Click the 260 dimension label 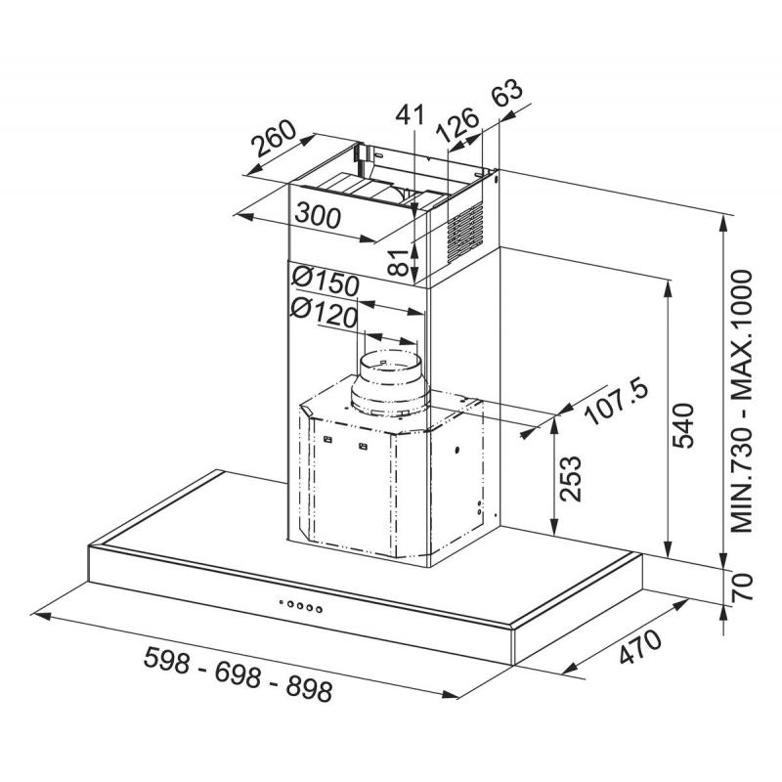tap(274, 138)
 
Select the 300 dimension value tap(318, 215)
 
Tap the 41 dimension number tap(410, 114)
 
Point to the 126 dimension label tap(456, 125)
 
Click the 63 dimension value tap(506, 93)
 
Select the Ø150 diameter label tap(326, 282)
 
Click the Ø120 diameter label tap(325, 314)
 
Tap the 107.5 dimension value tap(617, 402)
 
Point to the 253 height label tap(571, 478)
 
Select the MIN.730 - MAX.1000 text tap(741, 402)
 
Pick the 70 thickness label tap(742, 586)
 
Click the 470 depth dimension tap(641, 647)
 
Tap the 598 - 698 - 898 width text tap(238, 674)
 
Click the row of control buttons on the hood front tap(301, 606)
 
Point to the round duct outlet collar tap(389, 383)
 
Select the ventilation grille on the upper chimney tap(465, 231)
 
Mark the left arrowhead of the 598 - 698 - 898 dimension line tap(41, 617)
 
